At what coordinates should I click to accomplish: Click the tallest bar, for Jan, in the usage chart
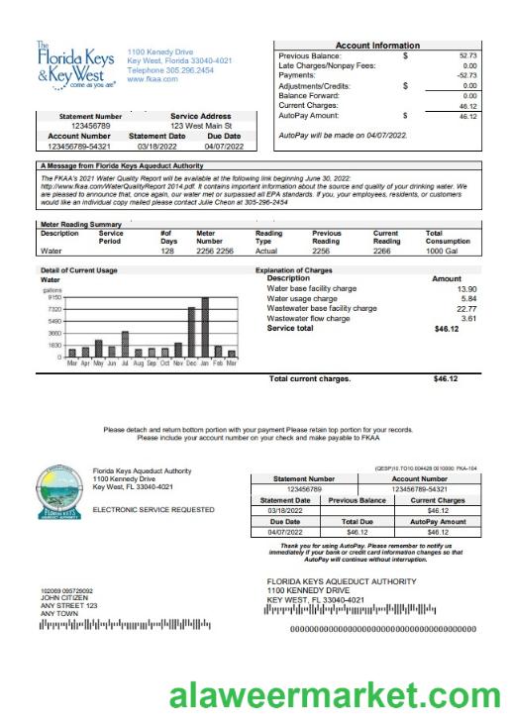pyautogui.click(x=205, y=328)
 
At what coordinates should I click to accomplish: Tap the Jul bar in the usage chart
pyautogui.click(x=125, y=344)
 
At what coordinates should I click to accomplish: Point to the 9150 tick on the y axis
pyautogui.click(x=53, y=297)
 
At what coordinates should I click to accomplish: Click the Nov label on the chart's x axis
pyautogui.click(x=178, y=363)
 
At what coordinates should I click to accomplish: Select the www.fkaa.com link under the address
pyautogui.click(x=150, y=79)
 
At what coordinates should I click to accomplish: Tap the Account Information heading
pyautogui.click(x=377, y=46)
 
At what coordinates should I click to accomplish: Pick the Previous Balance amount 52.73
pyautogui.click(x=466, y=56)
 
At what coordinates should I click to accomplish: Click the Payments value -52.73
pyautogui.click(x=465, y=75)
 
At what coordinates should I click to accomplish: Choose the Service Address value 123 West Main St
pyautogui.click(x=200, y=126)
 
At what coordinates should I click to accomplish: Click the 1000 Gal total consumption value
pyautogui.click(x=441, y=252)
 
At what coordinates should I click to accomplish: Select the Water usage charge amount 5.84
pyautogui.click(x=468, y=298)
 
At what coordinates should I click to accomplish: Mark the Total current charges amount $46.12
pyautogui.click(x=446, y=378)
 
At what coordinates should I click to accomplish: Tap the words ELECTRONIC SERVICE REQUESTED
pyautogui.click(x=153, y=509)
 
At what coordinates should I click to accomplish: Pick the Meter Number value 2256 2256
pyautogui.click(x=215, y=252)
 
